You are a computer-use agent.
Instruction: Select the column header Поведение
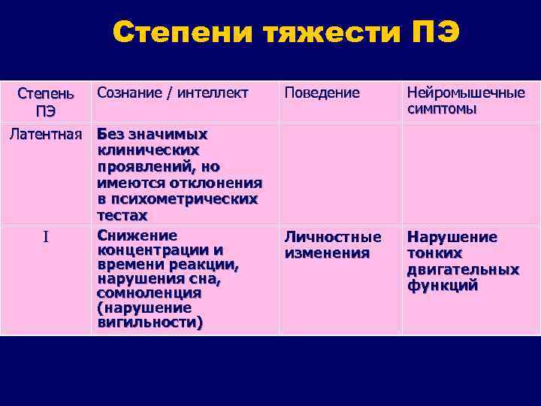tap(322, 93)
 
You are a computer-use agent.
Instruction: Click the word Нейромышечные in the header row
tap(465, 93)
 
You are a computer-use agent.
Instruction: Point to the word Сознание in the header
tap(127, 93)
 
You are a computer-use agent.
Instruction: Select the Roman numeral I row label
tap(46, 238)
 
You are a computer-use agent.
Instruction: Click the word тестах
tap(122, 215)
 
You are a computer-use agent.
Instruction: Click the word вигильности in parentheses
tap(150, 323)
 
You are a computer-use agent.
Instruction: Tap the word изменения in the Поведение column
tap(326, 253)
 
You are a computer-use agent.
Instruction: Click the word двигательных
tap(463, 269)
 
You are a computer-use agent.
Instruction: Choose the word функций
tap(443, 286)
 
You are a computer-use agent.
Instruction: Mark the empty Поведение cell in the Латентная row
tap(340, 173)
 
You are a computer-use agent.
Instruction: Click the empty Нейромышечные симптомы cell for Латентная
tap(470, 173)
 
